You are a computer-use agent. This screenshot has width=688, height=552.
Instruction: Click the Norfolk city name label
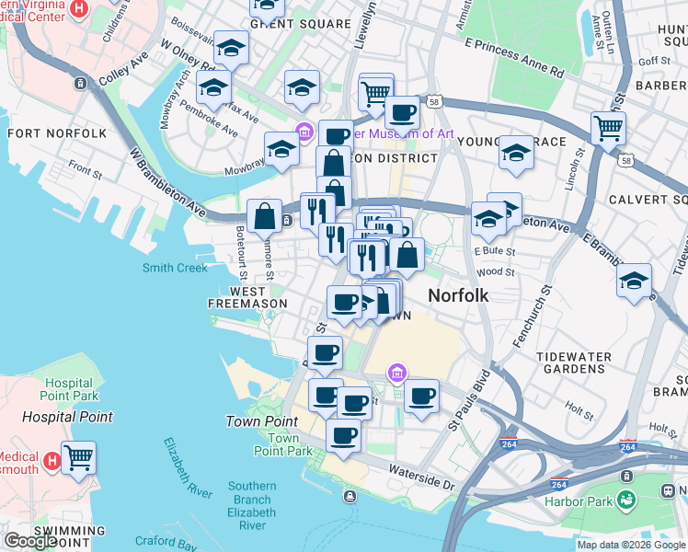pyautogui.click(x=457, y=296)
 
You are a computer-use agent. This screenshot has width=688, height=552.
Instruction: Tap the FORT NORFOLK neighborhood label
pyautogui.click(x=57, y=133)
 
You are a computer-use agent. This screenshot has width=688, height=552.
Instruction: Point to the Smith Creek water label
pyautogui.click(x=175, y=268)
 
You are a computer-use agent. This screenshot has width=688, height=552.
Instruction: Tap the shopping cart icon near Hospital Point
pyautogui.click(x=79, y=455)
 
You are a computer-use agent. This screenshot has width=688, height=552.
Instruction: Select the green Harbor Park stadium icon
pyautogui.click(x=626, y=500)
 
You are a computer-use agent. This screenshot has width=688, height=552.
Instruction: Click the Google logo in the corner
pyautogui.click(x=30, y=541)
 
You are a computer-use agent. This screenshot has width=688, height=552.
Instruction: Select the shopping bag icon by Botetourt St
pyautogui.click(x=265, y=215)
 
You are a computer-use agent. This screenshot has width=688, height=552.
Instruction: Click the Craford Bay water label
pyautogui.click(x=166, y=542)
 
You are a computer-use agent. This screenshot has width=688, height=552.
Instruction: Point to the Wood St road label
pyautogui.click(x=495, y=272)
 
